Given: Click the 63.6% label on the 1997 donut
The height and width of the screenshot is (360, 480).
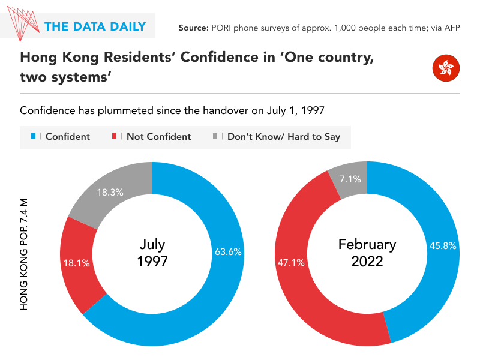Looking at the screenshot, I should pyautogui.click(x=228, y=252).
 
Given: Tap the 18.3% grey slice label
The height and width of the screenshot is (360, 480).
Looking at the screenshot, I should pyautogui.click(x=110, y=193).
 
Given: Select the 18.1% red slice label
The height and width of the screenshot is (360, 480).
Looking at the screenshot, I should pyautogui.click(x=76, y=262).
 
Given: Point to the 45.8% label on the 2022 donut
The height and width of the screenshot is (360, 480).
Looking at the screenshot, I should pyautogui.click(x=443, y=245).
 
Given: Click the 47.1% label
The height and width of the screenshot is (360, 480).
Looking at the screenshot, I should pyautogui.click(x=290, y=262).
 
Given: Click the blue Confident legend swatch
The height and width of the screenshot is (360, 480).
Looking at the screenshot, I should pyautogui.click(x=34, y=137).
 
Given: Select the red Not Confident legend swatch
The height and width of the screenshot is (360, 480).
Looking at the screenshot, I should pyautogui.click(x=115, y=137).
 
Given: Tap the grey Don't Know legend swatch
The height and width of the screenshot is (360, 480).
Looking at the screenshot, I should pyautogui.click(x=215, y=137).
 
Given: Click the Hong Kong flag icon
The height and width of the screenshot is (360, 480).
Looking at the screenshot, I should pyautogui.click(x=445, y=68).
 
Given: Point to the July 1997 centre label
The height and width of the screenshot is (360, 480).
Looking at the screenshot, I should pyautogui.click(x=152, y=253).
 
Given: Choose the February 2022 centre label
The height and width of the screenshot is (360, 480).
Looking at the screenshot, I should pyautogui.click(x=367, y=253).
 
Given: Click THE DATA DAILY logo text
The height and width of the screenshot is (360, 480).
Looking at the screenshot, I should pyautogui.click(x=95, y=26).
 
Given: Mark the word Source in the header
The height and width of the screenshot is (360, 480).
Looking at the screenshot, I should pyautogui.click(x=193, y=28).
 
